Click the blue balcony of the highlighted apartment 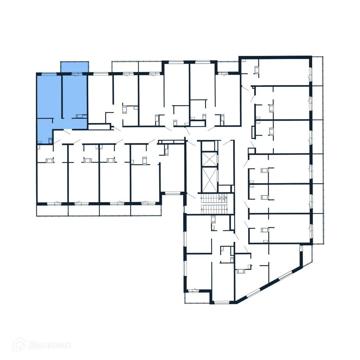coord(74,67)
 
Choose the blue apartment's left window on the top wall coord(49,74)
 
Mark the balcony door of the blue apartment coord(75,74)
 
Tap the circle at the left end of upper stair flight coord(202,199)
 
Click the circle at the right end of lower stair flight coord(227,209)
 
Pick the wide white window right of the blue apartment coord(100,74)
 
